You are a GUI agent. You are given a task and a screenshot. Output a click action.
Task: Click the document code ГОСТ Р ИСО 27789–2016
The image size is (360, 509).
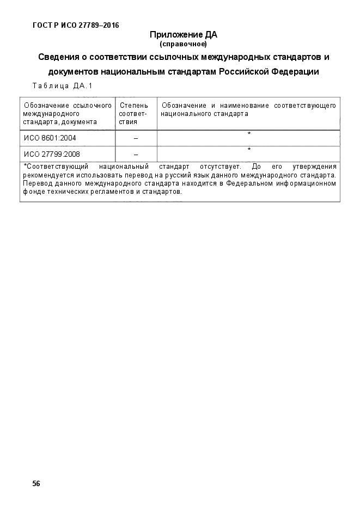click(x=76, y=25)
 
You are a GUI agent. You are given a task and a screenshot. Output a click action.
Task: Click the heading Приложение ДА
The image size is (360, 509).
click(x=183, y=35)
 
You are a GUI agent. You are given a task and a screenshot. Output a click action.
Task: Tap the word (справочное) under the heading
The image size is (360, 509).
click(x=183, y=44)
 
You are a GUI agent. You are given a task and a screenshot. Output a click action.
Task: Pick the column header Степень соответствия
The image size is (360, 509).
click(x=133, y=113)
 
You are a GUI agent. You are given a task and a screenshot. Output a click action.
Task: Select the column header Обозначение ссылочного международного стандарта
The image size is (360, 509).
click(x=67, y=113)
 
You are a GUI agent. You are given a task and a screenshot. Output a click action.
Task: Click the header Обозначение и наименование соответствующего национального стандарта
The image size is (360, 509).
click(x=248, y=109)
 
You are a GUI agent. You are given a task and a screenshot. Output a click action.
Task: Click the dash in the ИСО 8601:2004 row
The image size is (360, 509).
click(x=136, y=139)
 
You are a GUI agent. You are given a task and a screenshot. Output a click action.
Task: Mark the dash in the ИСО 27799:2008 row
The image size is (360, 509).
click(x=136, y=155)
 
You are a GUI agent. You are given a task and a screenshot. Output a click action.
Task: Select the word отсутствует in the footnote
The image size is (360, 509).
click(x=219, y=166)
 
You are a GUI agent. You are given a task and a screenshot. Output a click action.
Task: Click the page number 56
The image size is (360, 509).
click(x=36, y=483)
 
